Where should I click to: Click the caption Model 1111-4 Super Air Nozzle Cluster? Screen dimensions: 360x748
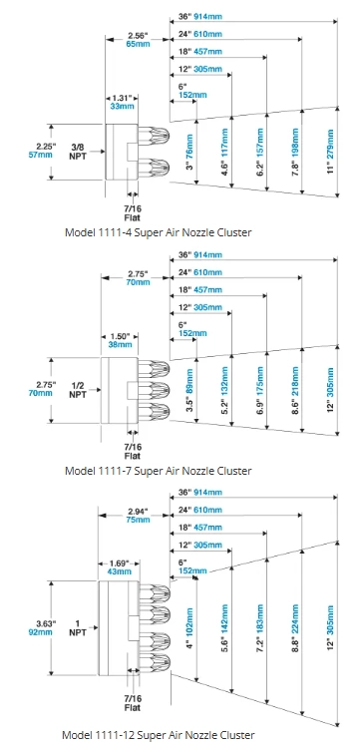[x=158, y=232]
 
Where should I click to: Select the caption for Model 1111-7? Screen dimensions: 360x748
[x=158, y=471]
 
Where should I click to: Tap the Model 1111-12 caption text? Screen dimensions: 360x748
[x=159, y=734]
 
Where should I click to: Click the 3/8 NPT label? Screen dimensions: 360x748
[x=78, y=152]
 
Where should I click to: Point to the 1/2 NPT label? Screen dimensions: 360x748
[x=77, y=390]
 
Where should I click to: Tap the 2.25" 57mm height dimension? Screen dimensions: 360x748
[x=45, y=150]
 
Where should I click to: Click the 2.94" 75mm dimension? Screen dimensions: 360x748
[x=139, y=515]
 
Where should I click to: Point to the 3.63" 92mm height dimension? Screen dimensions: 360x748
[x=46, y=627]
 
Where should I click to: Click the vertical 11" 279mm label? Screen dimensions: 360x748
[x=331, y=153]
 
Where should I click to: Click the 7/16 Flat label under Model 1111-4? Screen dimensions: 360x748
[x=133, y=212]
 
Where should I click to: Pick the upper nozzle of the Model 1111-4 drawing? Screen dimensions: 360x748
[x=154, y=136]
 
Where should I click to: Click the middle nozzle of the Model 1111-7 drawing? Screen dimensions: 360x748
[x=154, y=390]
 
